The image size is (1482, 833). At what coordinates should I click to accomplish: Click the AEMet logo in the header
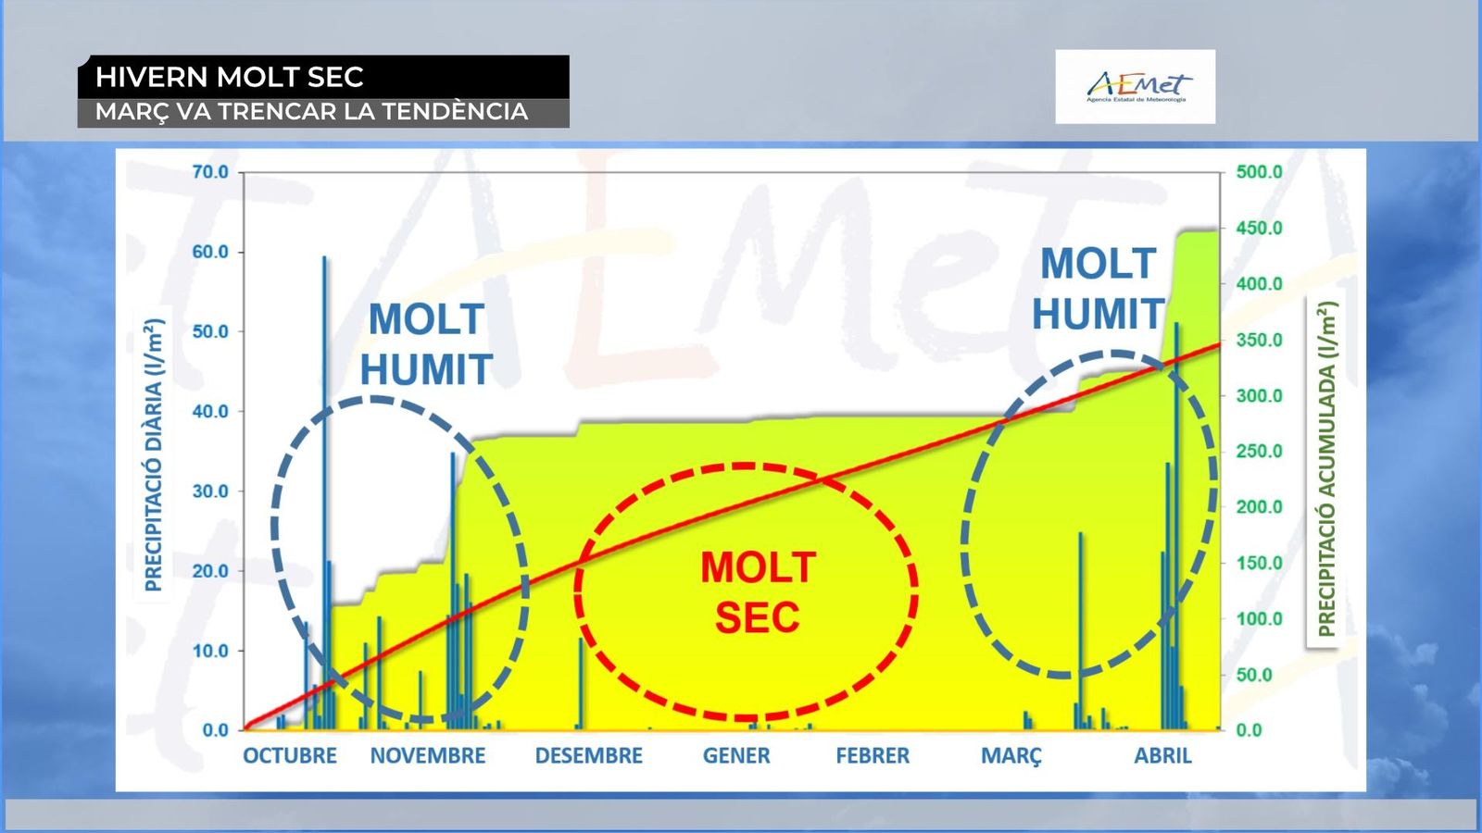pyautogui.click(x=1136, y=87)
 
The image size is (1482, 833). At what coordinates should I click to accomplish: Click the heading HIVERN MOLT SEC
pyautogui.click(x=230, y=77)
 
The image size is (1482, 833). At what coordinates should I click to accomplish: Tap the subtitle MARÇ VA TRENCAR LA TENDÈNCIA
pyautogui.click(x=311, y=112)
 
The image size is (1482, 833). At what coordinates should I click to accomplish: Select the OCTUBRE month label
pyautogui.click(x=290, y=755)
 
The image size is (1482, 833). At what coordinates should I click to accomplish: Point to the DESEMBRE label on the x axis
pyautogui.click(x=589, y=755)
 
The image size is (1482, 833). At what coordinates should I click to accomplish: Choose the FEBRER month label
pyautogui.click(x=873, y=755)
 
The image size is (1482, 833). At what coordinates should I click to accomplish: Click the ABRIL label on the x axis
pyautogui.click(x=1163, y=755)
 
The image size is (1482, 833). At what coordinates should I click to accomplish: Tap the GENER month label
pyautogui.click(x=736, y=755)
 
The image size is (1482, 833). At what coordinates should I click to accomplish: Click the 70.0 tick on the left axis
pyautogui.click(x=210, y=172)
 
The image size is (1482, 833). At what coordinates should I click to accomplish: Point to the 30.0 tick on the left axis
pyautogui.click(x=210, y=491)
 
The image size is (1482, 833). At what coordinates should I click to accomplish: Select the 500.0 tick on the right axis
pyautogui.click(x=1260, y=172)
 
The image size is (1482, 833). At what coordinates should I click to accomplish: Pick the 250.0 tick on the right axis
pyautogui.click(x=1260, y=452)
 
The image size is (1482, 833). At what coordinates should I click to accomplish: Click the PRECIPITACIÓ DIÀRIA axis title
pyautogui.click(x=154, y=454)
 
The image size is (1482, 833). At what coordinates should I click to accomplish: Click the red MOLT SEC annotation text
pyautogui.click(x=759, y=592)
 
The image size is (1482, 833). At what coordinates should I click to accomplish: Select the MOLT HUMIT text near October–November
pyautogui.click(x=426, y=343)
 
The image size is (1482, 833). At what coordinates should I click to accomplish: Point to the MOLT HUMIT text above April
pyautogui.click(x=1099, y=288)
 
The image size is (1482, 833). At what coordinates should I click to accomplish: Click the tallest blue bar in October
pyautogui.click(x=324, y=492)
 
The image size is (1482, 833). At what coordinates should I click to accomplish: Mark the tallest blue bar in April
pyautogui.click(x=1176, y=527)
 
